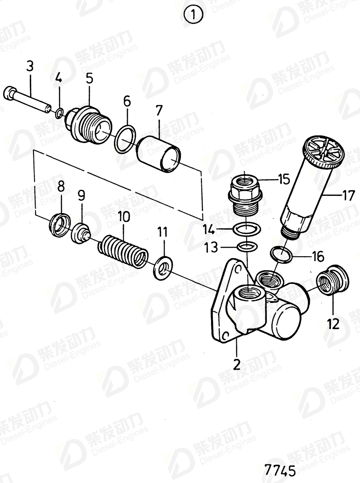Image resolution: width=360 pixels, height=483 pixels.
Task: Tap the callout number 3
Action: click(30, 66)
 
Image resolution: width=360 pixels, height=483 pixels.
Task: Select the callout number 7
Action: click(159, 110)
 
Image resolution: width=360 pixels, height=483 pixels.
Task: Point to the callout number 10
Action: click(124, 217)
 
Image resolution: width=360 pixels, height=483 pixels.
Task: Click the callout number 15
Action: click(284, 178)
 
